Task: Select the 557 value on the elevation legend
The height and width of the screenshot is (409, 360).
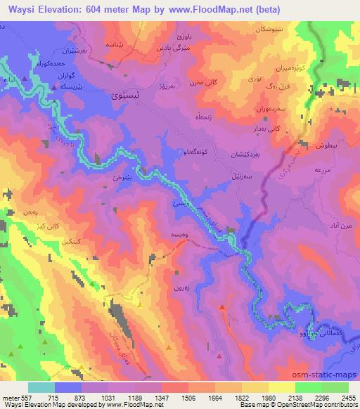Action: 24,397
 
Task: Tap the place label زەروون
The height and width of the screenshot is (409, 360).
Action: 182,288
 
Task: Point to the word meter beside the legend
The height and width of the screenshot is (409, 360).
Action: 10,397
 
